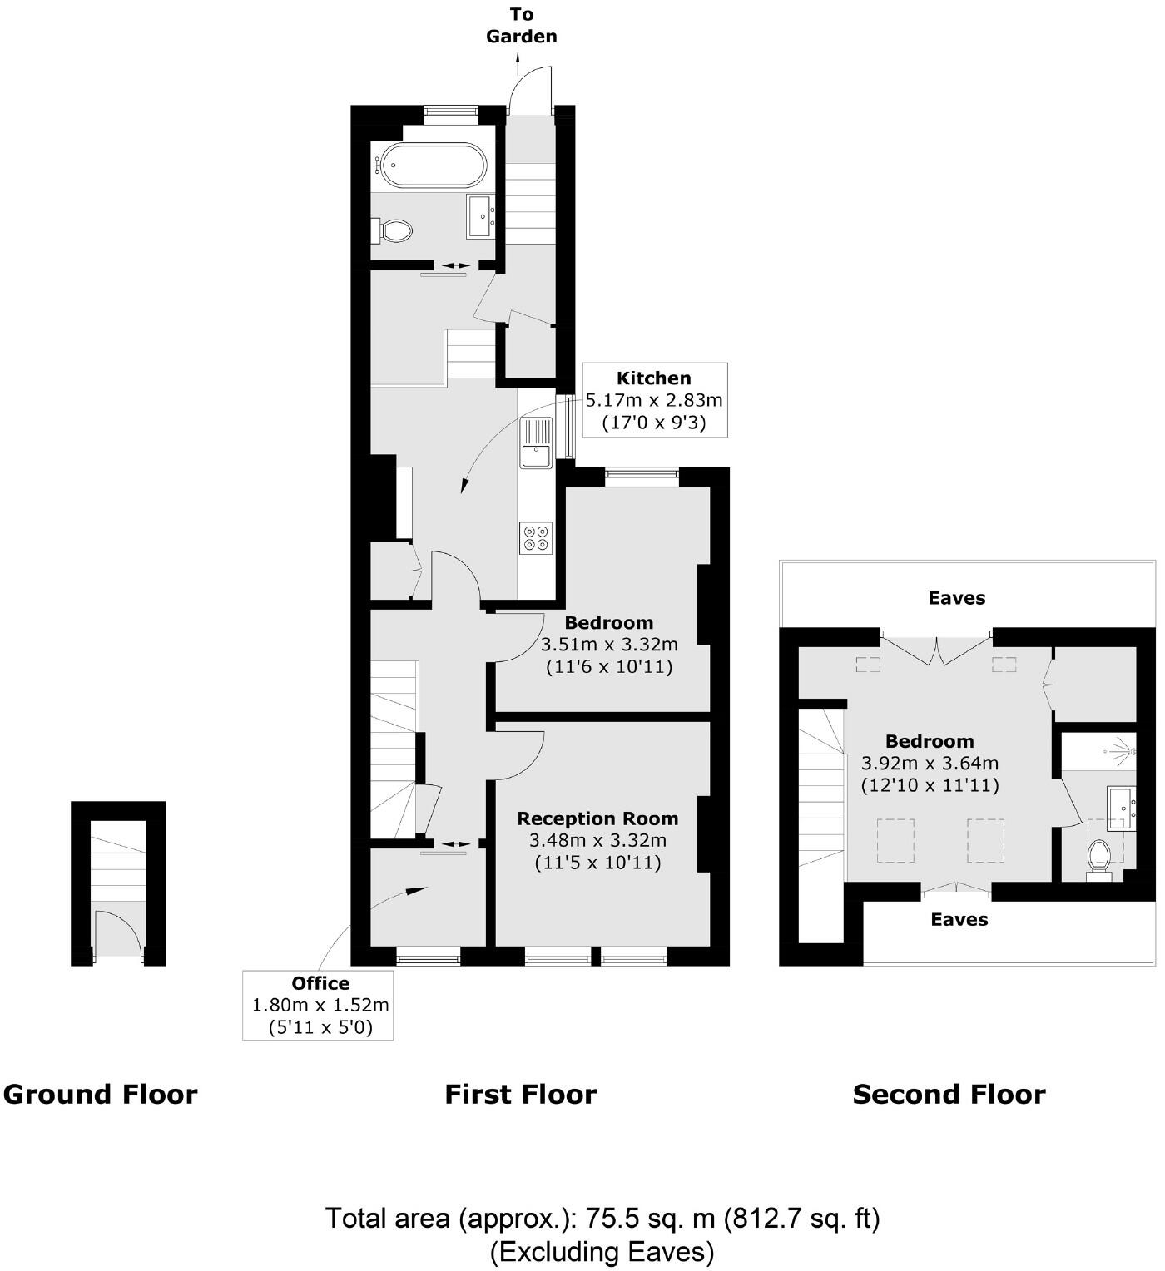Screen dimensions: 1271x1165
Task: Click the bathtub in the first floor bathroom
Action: point(431,165)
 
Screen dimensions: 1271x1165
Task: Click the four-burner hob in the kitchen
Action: point(536,537)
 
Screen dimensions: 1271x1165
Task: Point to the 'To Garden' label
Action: point(522,26)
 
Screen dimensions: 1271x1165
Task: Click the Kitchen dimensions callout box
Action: point(654,400)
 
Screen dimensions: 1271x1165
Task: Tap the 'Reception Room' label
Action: point(597,818)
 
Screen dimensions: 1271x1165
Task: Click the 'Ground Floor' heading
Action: point(100,1094)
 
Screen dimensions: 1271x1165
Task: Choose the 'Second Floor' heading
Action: point(949,1094)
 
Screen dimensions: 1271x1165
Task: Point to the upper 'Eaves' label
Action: point(957,598)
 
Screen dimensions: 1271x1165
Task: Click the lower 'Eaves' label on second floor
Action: point(959,919)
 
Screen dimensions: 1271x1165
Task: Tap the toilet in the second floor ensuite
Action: point(1099,858)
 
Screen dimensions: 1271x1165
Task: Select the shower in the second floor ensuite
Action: point(1098,750)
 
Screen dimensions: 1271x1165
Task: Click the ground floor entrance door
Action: point(116,932)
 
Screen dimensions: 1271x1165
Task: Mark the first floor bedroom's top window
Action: point(641,476)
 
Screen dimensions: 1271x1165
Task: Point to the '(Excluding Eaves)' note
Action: point(602,1251)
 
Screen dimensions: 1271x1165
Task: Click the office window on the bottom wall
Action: point(428,957)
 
